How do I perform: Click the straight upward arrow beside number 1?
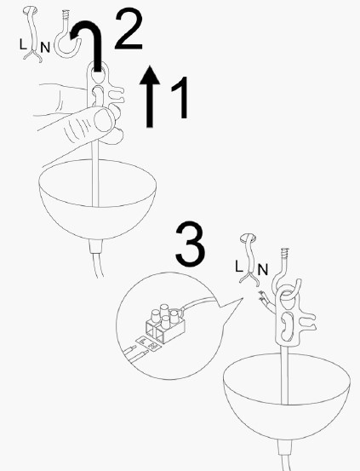pos(150,98)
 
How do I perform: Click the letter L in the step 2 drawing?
pos(22,41)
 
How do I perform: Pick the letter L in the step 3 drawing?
pos(239,267)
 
